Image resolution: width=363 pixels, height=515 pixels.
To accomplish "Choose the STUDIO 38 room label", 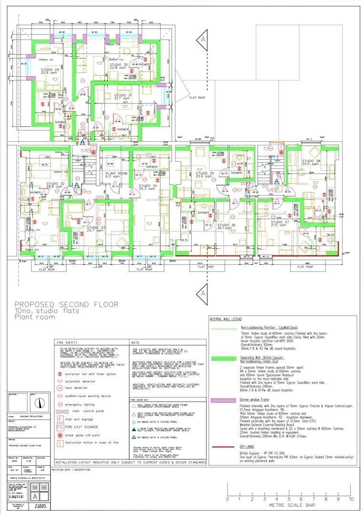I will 311,162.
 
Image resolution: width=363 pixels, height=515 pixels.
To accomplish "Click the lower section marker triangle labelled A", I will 204,290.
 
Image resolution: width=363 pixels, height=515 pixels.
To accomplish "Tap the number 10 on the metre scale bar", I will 351,499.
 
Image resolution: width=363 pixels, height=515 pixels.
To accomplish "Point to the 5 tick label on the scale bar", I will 289,499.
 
